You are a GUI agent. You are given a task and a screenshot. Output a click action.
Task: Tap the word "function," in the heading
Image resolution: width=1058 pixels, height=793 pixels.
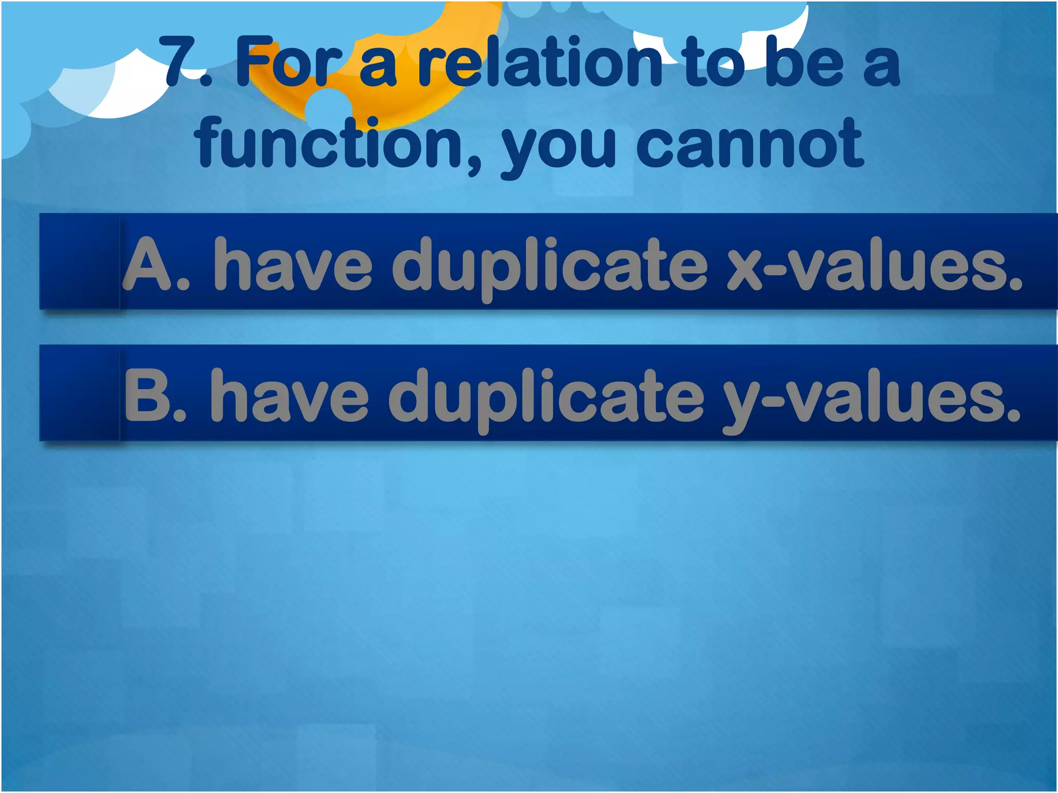[x=338, y=143]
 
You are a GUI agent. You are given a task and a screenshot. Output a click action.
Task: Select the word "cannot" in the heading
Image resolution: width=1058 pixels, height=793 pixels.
[x=749, y=143]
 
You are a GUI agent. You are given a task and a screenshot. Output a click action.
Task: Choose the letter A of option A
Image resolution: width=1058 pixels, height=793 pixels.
[x=149, y=264]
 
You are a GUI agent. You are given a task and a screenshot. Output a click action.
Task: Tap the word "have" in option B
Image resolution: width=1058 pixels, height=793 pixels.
[x=290, y=395]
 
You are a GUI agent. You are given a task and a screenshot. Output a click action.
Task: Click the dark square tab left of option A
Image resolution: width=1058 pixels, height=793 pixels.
[x=80, y=262]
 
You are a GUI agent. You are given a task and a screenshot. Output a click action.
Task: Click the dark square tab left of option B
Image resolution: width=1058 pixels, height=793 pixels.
[x=80, y=393]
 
